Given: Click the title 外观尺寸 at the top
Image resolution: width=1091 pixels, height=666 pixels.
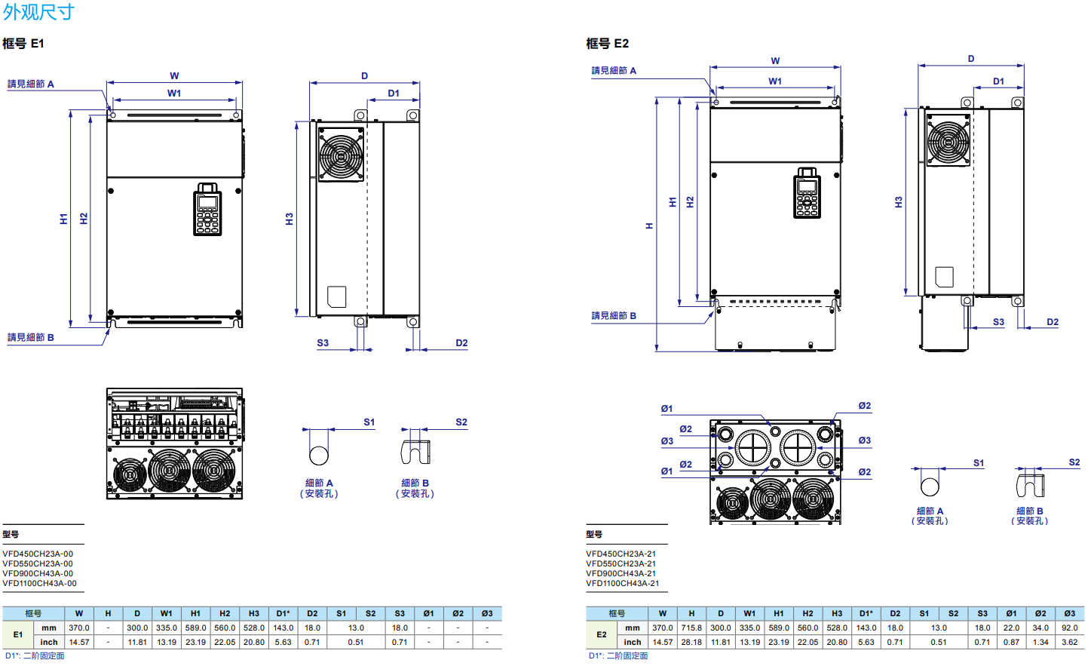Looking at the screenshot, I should [38, 12].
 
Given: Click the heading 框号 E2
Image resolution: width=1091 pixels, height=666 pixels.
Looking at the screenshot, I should [607, 44].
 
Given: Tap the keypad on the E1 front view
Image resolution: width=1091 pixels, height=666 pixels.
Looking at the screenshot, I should [207, 209].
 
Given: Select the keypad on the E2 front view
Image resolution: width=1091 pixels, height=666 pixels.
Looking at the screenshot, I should [807, 193].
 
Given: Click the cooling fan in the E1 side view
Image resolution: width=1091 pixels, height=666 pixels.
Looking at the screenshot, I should [341, 155].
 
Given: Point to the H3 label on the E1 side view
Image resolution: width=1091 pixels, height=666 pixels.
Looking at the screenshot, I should [290, 219].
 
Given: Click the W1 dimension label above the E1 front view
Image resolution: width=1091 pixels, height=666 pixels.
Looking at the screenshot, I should [174, 94].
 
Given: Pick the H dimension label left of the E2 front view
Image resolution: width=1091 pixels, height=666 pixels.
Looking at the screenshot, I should [649, 226].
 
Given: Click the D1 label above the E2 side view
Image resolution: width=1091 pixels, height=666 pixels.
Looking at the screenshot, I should [998, 81].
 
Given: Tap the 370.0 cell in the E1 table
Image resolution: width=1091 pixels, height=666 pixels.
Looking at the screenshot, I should [79, 628].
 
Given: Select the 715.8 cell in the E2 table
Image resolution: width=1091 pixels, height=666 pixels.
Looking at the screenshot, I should [691, 628].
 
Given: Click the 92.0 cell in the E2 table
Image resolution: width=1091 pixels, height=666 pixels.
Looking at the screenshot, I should [1069, 628].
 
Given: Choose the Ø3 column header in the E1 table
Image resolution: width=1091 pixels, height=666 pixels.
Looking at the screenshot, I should [487, 613].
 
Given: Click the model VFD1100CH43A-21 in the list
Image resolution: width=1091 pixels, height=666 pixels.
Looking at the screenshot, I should [622, 583].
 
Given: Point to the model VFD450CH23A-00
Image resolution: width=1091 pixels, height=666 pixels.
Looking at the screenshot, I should [38, 554].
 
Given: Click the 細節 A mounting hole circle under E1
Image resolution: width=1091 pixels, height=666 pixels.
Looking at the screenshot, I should [319, 455].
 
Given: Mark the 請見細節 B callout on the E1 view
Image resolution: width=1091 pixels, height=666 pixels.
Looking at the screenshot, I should [31, 337].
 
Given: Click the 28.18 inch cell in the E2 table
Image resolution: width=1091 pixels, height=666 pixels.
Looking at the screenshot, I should [691, 642].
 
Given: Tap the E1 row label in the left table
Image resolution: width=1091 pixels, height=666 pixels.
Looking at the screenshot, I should [18, 634].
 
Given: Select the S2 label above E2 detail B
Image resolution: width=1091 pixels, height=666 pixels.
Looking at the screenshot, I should [1074, 462].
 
